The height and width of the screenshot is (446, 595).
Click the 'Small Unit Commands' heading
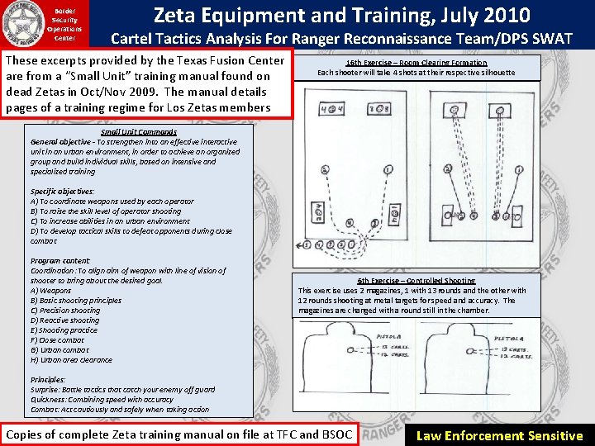pyautogui.click(x=139, y=132)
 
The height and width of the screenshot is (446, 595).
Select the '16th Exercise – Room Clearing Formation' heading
pyautogui.click(x=416, y=63)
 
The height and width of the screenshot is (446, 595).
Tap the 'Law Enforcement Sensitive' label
pyautogui.click(x=499, y=435)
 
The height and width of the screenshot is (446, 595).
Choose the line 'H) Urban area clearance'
pyautogui.click(x=72, y=360)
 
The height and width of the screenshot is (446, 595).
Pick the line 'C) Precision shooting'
pyautogui.click(x=64, y=311)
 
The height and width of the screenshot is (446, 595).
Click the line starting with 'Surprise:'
pyautogui.click(x=122, y=390)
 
